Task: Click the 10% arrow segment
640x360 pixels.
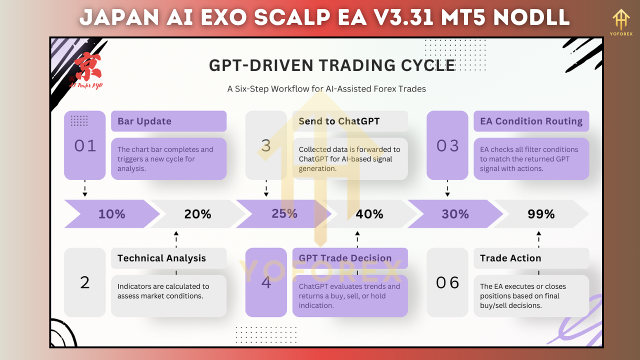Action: (112, 214)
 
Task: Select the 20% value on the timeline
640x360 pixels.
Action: (197, 214)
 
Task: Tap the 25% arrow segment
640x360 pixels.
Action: (284, 214)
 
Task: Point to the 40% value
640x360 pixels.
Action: (369, 214)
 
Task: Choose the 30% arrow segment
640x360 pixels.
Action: (455, 214)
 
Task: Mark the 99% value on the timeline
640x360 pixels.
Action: (541, 214)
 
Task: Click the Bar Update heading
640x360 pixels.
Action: (144, 121)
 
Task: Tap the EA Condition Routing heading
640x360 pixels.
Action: (531, 121)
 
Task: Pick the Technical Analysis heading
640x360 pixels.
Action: (161, 258)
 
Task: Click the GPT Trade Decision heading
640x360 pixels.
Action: (345, 258)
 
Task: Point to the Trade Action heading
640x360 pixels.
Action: (510, 258)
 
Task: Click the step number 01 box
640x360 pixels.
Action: (84, 145)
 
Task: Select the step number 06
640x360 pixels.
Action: (447, 283)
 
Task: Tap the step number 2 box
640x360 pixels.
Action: (84, 283)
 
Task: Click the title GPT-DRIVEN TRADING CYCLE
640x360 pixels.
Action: (332, 65)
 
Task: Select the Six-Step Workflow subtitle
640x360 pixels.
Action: (326, 88)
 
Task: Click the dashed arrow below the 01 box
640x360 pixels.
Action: (84, 188)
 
